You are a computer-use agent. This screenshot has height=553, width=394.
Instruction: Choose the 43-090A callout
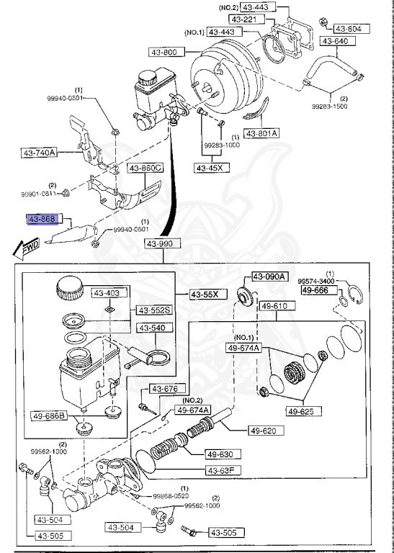269,276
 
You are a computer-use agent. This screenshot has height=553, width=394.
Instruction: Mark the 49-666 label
315,289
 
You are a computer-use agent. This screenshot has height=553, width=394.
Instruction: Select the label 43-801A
261,133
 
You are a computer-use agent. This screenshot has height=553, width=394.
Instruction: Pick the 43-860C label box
145,168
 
